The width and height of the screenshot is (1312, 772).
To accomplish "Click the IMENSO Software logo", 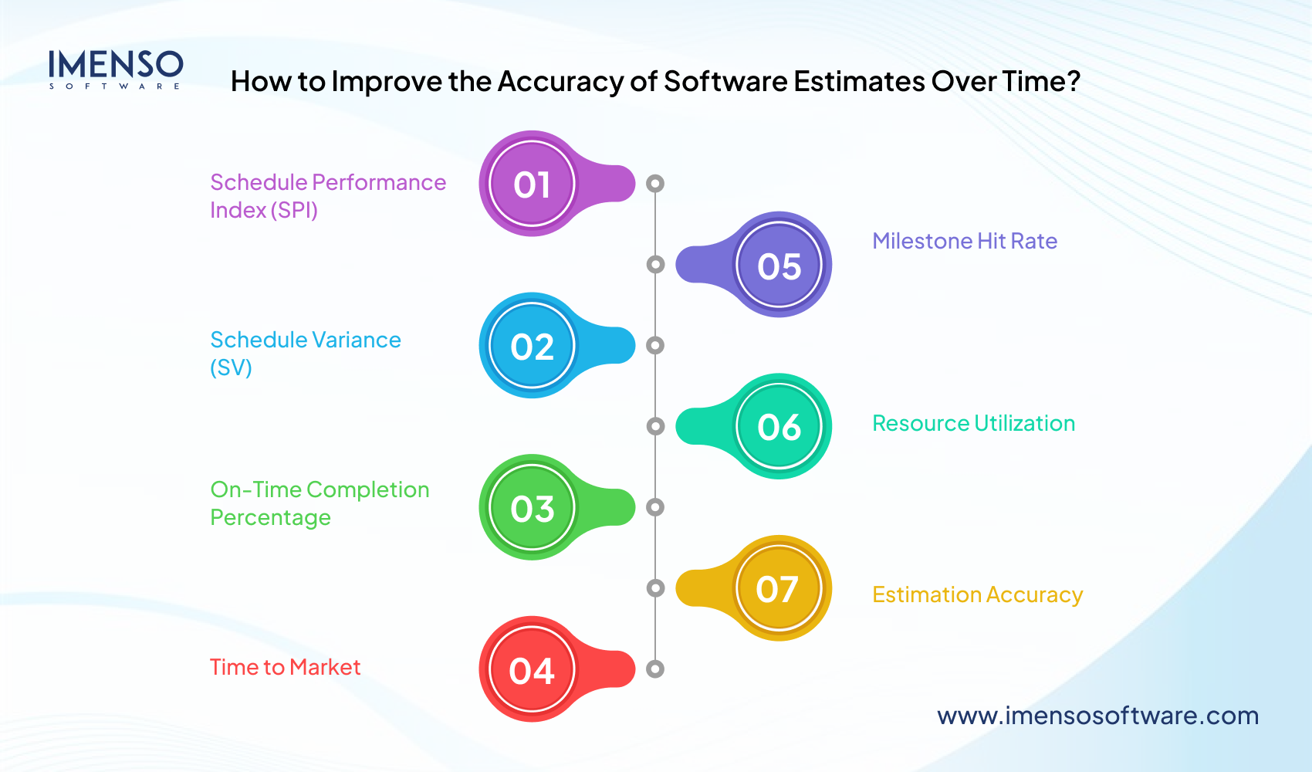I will coord(116,69).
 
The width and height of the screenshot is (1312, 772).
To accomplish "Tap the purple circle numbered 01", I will coord(532,184).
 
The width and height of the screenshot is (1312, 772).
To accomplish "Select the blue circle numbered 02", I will coord(532,346).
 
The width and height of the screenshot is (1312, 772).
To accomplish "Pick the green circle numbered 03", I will coord(532,508).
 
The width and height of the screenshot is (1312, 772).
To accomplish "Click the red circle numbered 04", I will coord(532,670).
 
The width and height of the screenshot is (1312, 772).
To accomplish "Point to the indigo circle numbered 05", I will coord(779,266).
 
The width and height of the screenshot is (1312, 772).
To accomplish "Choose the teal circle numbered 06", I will coord(779,427).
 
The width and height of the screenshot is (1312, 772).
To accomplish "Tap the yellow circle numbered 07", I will coord(778,589).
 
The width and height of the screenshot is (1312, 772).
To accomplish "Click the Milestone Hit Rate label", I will coord(965,241).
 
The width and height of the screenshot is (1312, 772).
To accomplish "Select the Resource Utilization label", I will coord(973,423).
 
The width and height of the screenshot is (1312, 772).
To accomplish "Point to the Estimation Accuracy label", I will coord(977,594).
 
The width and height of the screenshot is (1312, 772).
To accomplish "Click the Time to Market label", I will coord(285,667).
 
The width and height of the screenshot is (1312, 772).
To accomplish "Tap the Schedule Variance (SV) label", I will coord(305,353).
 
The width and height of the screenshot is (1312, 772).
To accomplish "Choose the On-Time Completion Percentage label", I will coord(320,503).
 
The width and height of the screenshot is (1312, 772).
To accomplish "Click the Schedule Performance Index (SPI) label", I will coord(327,195).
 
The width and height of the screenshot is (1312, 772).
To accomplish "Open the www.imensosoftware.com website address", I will coord(1097,716).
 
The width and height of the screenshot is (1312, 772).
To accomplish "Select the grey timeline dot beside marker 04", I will coord(655,669).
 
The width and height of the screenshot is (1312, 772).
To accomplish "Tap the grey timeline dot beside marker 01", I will coord(655,184).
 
